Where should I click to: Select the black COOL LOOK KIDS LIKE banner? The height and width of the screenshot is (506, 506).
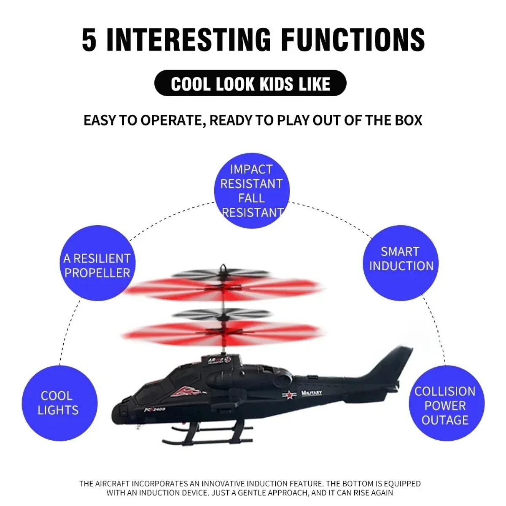250,83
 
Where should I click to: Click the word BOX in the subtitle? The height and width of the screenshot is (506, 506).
408,120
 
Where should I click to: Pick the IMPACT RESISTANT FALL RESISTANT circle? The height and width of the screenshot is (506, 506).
252,191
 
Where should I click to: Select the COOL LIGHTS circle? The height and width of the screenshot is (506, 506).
59,403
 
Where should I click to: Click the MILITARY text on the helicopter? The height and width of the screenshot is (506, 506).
312,393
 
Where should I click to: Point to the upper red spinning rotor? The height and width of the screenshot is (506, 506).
224,290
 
